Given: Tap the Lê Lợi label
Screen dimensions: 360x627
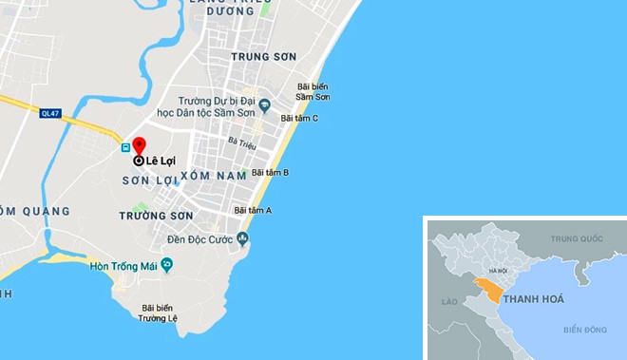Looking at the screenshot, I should click(162, 161).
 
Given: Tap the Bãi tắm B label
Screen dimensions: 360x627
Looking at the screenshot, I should click(271, 173).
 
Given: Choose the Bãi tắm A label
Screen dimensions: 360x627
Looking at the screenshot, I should click(254, 210).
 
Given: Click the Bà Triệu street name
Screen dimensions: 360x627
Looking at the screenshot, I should click(242, 142).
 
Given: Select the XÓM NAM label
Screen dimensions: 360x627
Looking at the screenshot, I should click(207, 176).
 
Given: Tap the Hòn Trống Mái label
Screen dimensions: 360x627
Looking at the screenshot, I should click(128, 264).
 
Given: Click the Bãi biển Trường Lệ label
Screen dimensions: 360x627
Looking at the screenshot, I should click(160, 313).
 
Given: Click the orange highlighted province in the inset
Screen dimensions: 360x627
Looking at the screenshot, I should click(490, 289).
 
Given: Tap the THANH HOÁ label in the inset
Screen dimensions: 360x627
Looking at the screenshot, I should click(533, 299).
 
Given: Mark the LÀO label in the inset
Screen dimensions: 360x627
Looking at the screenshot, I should click(449, 301).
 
